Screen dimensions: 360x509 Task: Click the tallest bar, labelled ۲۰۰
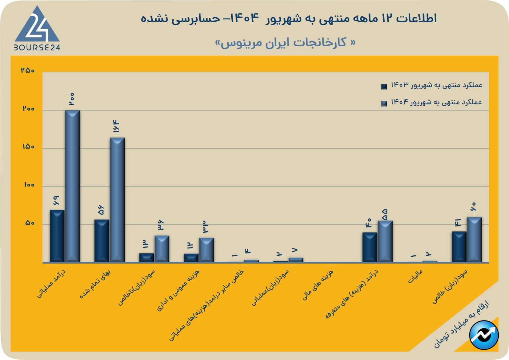(72, 186)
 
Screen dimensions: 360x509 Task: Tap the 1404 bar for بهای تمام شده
(117, 199)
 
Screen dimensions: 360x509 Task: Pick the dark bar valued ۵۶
(102, 241)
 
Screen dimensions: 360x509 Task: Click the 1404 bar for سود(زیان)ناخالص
(162, 248)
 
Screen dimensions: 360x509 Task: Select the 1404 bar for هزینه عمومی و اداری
(206, 250)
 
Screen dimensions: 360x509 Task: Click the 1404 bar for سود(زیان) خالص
(474, 239)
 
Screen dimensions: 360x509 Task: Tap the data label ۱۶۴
(116, 127)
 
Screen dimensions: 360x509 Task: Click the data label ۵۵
(385, 215)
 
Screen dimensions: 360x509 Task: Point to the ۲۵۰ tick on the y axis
(28, 70)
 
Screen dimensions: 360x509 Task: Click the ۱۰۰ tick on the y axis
(29, 185)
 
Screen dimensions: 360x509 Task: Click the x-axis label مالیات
(416, 276)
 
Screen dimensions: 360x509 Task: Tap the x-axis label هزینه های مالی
(318, 285)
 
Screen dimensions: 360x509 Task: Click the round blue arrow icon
(484, 335)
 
